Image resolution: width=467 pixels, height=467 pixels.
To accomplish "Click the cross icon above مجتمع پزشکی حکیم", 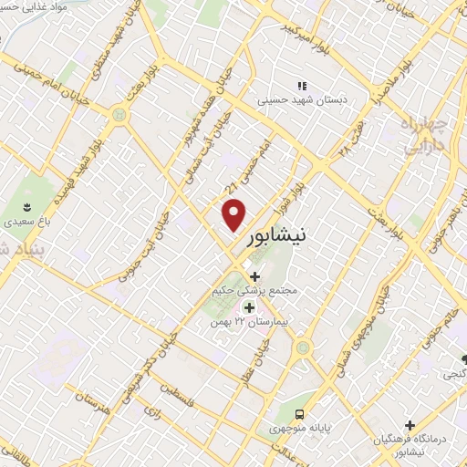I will pyautogui.click(x=254, y=276).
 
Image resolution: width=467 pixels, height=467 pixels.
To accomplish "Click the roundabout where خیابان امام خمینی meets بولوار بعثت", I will pyautogui.click(x=119, y=115).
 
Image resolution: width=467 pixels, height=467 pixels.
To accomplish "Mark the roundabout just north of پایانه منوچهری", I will pyautogui.click(x=303, y=348).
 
